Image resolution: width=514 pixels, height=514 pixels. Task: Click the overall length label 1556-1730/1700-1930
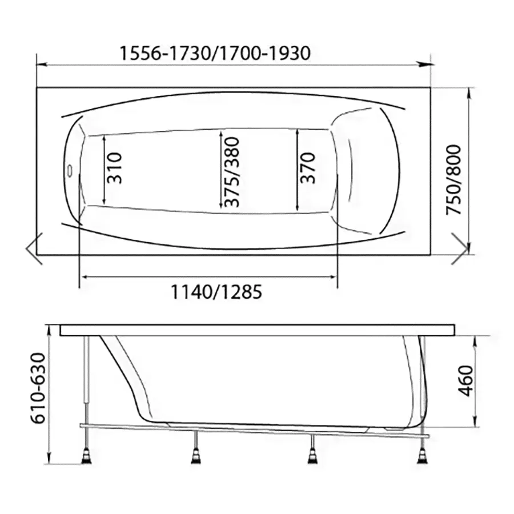click(215, 53)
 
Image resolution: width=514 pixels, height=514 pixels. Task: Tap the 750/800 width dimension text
click(454, 180)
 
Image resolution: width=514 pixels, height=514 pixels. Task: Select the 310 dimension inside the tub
click(114, 168)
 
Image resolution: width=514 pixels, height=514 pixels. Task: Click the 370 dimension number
click(307, 168)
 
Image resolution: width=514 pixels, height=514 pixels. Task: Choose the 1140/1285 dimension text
click(216, 292)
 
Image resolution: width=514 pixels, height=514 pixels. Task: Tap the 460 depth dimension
click(465, 380)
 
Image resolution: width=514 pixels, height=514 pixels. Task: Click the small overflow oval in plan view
click(70, 171)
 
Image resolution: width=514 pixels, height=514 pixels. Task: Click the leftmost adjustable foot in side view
click(87, 456)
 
